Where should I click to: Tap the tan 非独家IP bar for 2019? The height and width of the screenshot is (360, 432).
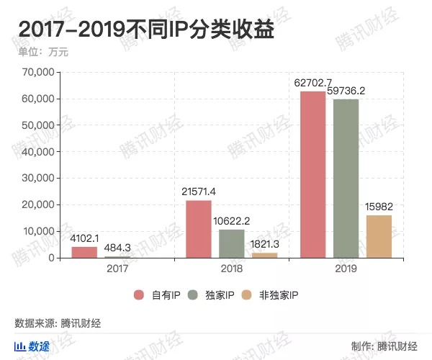[x=379, y=236]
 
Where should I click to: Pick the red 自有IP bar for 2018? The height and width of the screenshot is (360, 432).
[x=199, y=229]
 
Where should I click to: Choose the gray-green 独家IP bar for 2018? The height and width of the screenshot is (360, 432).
[x=232, y=243]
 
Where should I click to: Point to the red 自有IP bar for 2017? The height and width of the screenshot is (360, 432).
[x=84, y=252]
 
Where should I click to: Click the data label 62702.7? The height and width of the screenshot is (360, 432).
[x=314, y=84]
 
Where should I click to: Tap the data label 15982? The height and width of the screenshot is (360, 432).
[x=379, y=207]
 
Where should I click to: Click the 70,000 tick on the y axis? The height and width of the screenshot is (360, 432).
[x=38, y=72]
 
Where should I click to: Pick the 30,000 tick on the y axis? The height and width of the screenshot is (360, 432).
[x=38, y=178]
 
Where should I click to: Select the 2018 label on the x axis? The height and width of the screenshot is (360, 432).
[x=232, y=269]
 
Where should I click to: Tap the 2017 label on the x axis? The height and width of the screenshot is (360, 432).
[x=117, y=269]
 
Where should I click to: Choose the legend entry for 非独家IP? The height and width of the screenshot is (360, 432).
[x=272, y=294]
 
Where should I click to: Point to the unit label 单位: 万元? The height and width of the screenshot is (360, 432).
[x=42, y=51]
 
